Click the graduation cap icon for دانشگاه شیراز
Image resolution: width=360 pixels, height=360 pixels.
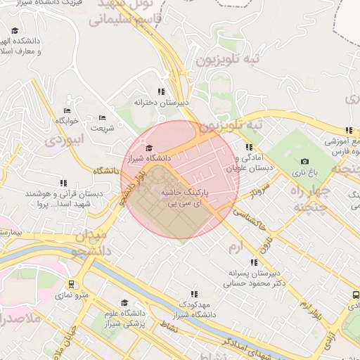(148, 148)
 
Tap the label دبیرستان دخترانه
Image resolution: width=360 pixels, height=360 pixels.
(164, 103)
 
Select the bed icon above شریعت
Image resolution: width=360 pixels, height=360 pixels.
(103, 117)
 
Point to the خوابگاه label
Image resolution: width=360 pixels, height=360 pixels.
(71, 122)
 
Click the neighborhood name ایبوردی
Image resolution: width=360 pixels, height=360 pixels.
(64, 139)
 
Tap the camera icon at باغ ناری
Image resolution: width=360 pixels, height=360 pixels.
(304, 162)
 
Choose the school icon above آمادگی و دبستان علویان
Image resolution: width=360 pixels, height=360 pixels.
(247, 148)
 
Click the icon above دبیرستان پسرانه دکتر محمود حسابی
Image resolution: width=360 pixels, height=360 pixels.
(253, 262)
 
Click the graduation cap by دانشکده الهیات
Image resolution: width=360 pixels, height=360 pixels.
(15, 31)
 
